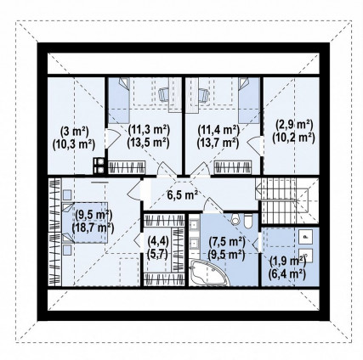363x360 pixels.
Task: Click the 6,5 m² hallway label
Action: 182,195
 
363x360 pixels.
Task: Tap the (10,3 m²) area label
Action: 73,144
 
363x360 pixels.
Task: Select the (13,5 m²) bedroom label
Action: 148,143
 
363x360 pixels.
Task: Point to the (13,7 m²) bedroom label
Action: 218,143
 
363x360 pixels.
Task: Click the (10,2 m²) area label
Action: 293,138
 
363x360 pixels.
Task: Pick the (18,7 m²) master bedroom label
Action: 93,228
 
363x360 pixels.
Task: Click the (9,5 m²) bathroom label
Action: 226,255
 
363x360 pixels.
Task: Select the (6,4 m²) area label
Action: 286,273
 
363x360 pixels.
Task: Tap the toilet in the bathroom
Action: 247,221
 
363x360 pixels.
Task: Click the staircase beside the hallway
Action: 286,200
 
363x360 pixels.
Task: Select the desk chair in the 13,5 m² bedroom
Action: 164,94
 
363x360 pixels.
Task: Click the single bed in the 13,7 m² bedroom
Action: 249,100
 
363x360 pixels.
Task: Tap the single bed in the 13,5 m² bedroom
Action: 119,100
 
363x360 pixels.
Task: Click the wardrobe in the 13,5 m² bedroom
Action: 127,167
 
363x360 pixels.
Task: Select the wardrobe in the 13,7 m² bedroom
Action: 233,167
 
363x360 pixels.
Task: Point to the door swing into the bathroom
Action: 211,205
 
